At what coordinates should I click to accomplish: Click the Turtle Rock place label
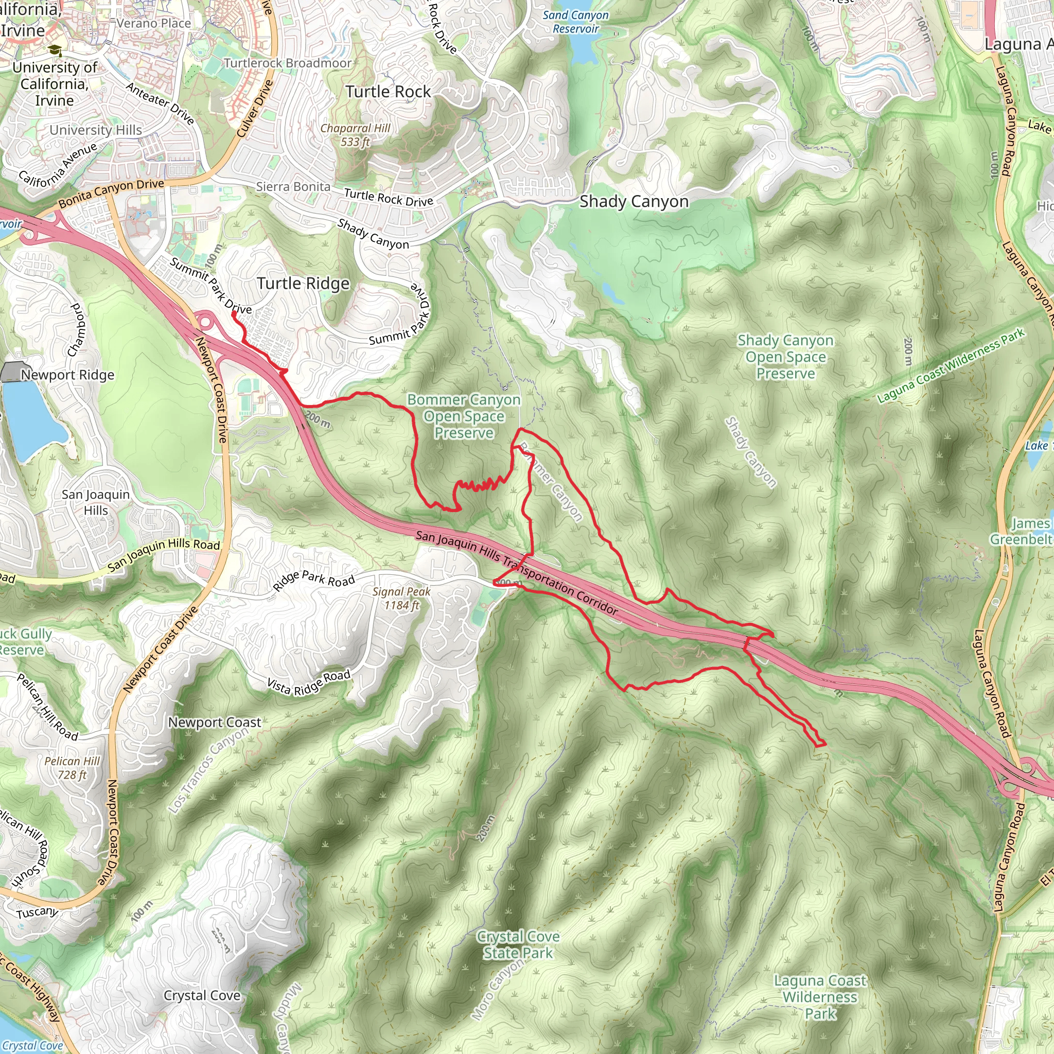(388, 92)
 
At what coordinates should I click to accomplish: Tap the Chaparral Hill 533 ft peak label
(355, 135)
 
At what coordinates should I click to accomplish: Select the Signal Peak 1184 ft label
(401, 598)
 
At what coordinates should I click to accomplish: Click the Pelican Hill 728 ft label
(72, 767)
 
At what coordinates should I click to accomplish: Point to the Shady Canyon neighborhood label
(634, 201)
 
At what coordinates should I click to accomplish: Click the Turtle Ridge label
(303, 283)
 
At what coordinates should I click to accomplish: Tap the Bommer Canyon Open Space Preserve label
(464, 416)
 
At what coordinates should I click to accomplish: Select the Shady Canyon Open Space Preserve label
(785, 357)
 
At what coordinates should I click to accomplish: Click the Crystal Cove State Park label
(518, 944)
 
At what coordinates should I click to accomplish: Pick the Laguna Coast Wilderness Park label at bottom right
(820, 997)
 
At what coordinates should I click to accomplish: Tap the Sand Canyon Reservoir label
(575, 22)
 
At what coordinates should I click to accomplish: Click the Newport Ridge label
(67, 375)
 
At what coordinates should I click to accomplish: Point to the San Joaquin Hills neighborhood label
(96, 502)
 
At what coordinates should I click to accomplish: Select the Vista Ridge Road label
(308, 683)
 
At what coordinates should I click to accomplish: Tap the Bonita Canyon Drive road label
(111, 193)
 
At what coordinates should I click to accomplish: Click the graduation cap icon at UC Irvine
(55, 51)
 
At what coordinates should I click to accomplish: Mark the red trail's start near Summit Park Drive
(234, 313)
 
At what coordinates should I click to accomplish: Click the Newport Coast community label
(215, 722)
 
